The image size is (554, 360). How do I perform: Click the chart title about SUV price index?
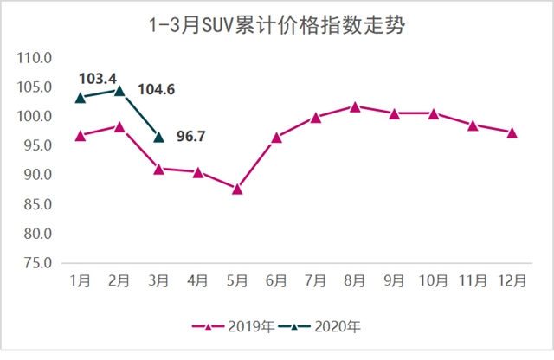pyautogui.click(x=277, y=25)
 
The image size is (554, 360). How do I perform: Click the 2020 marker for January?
pyautogui.click(x=81, y=98)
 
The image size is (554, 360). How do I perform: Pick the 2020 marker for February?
pyautogui.click(x=119, y=90)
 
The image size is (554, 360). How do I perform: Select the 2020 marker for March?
pyautogui.click(x=158, y=137)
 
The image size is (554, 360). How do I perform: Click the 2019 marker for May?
pyautogui.click(x=237, y=189)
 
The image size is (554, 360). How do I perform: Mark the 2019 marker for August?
pyautogui.click(x=355, y=106)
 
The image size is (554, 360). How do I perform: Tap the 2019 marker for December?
pyautogui.click(x=512, y=132)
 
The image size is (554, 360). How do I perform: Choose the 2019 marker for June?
pyautogui.click(x=276, y=137)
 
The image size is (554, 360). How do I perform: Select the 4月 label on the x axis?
pyautogui.click(x=198, y=280)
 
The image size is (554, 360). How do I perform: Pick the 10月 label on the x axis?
pyautogui.click(x=433, y=280)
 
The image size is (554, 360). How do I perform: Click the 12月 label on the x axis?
pyautogui.click(x=512, y=280)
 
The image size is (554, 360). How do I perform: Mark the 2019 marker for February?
pyautogui.click(x=119, y=127)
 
